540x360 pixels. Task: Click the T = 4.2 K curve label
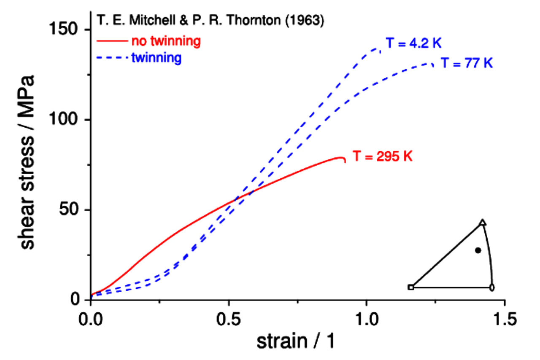(x=413, y=44)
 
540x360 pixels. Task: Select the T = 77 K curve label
(x=467, y=63)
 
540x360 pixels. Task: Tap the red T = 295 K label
(x=382, y=157)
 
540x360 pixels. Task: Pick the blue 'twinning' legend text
(x=156, y=58)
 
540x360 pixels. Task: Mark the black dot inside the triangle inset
(x=478, y=250)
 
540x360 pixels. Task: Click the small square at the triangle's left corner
(x=411, y=287)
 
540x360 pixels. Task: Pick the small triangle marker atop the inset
(x=483, y=223)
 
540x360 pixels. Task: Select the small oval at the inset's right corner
(x=492, y=287)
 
